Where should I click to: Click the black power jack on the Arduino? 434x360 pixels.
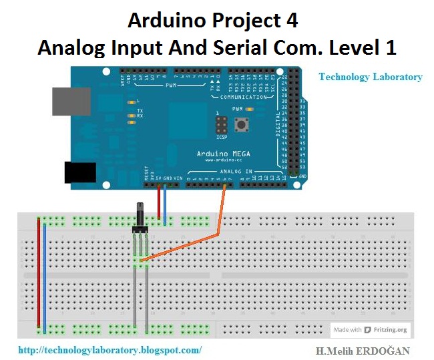tap(79, 172)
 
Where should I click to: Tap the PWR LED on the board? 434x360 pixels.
tap(249, 108)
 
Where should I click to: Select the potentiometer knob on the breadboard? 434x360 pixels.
tap(141, 214)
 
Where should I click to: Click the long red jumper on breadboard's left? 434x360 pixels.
tap(39, 274)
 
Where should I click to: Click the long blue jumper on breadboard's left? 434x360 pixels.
tap(45, 274)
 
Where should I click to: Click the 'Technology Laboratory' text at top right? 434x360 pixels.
tap(370, 77)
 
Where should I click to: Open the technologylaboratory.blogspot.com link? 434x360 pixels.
tap(110, 349)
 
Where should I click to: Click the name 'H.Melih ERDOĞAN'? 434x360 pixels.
tap(363, 351)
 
